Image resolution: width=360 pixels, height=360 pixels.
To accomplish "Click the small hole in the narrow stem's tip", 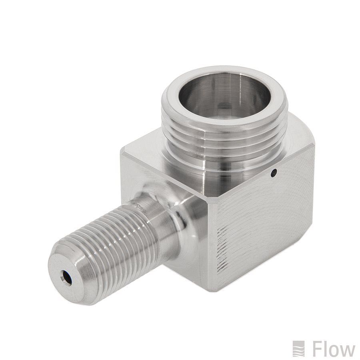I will (67, 278).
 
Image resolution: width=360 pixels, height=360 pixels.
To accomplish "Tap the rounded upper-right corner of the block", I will (304, 132).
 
